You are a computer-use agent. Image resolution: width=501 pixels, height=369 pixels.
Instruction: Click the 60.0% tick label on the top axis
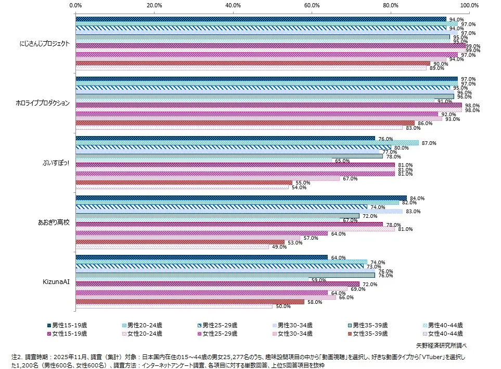click(x=312, y=5)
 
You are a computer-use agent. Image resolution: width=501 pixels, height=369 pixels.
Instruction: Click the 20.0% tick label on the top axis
click(x=154, y=5)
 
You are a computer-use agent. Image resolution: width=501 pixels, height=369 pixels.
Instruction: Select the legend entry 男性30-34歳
click(x=294, y=325)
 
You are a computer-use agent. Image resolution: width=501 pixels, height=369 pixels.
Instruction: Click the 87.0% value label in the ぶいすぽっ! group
click(x=429, y=143)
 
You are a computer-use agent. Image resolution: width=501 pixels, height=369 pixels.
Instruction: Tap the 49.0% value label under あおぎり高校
click(x=279, y=247)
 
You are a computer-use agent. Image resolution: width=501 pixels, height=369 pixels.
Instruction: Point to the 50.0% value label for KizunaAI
click(x=283, y=306)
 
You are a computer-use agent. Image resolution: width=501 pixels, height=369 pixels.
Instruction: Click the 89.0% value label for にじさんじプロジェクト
click(x=436, y=68)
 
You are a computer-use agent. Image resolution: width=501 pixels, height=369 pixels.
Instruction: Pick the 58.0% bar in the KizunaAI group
click(x=190, y=302)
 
